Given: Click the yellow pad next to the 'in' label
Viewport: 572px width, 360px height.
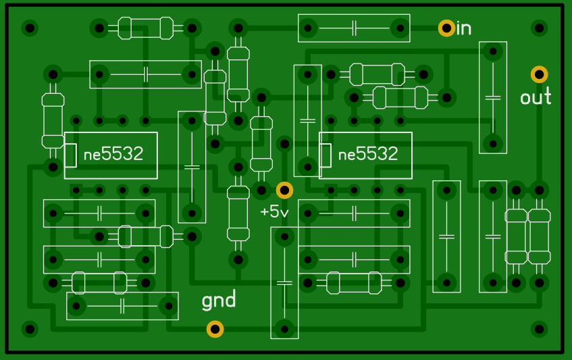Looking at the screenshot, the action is tap(446, 28).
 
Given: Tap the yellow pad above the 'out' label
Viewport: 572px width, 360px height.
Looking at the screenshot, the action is tap(539, 74).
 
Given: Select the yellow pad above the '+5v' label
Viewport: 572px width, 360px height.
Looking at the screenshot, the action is tap(284, 190).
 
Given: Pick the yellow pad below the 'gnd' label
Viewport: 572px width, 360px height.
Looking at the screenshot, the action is tap(215, 329).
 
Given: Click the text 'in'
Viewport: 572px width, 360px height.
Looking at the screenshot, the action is tap(464, 28).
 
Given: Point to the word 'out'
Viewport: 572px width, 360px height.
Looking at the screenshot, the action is tap(536, 97).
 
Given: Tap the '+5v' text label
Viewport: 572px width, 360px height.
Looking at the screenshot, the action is tap(274, 211).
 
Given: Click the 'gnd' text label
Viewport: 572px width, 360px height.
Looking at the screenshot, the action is tap(219, 300).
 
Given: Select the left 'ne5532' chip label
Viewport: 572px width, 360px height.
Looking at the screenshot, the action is tap(113, 154).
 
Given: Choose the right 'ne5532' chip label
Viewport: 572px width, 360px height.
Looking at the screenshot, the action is tap(367, 154).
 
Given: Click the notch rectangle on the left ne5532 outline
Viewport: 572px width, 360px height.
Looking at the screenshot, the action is tap(70, 155).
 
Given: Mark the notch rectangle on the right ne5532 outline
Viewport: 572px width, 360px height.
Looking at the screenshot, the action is tap(325, 155).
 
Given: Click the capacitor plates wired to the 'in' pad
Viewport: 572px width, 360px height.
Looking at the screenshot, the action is tap(354, 28).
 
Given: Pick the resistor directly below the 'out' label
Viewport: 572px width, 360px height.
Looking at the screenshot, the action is tap(539, 236).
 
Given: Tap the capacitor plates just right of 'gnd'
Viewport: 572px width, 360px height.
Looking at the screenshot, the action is tap(284, 283).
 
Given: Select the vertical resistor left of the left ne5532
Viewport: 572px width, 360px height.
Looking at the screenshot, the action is tap(53, 121).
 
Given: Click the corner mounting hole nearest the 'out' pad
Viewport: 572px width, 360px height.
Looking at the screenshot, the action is tap(539, 28).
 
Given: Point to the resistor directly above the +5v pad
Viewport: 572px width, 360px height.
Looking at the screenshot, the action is tap(261, 144).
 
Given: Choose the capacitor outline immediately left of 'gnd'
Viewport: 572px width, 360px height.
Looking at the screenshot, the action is tap(122, 306).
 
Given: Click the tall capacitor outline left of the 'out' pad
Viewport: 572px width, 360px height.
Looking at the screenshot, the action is tap(493, 97).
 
